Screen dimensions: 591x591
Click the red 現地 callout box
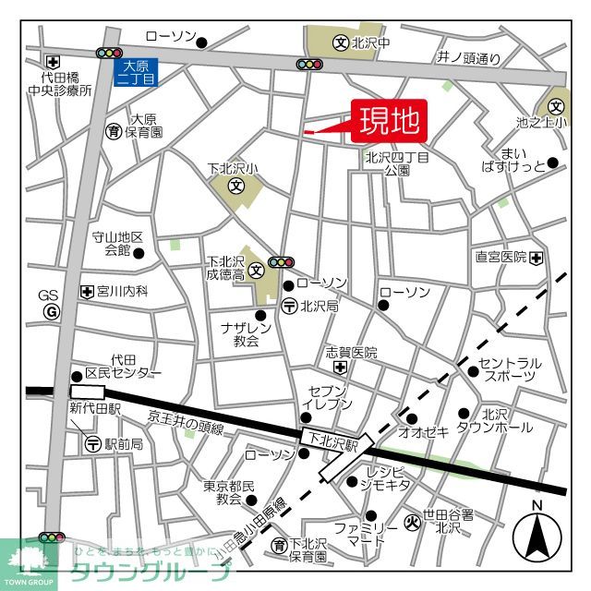(388, 120)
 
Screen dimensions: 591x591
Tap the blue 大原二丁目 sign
(135, 72)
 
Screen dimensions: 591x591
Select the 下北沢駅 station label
(332, 443)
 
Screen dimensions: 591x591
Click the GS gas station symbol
(50, 311)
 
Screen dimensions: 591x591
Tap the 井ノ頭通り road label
(468, 58)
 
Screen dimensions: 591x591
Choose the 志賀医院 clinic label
(352, 353)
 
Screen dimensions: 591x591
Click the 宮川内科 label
(122, 291)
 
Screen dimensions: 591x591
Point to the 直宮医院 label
(501, 256)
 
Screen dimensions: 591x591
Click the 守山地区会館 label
(117, 244)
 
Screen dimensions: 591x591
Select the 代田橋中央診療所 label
(59, 85)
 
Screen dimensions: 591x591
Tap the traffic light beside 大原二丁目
(109, 54)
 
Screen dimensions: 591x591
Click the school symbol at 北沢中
(340, 42)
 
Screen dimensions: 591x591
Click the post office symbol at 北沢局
(289, 306)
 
